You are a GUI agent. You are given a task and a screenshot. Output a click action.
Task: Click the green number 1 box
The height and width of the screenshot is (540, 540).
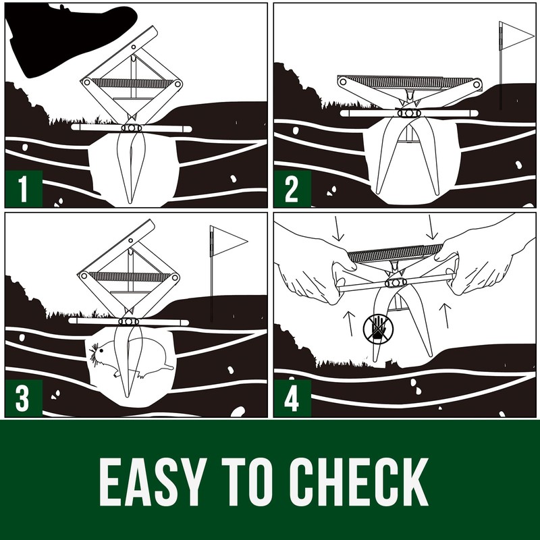tap(24, 189)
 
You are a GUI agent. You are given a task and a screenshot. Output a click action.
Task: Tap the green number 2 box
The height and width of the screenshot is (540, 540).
tap(292, 189)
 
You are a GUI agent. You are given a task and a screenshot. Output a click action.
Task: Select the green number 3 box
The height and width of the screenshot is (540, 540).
tap(24, 398)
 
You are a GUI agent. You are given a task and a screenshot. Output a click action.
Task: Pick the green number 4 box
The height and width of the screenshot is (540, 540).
tap(292, 398)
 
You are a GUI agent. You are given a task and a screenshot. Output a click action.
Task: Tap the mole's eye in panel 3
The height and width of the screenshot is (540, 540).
tap(102, 350)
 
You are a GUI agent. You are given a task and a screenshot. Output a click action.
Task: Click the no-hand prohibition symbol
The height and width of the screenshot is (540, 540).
tap(378, 329)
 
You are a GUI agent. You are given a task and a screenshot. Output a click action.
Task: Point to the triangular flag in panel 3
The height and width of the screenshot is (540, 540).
tap(228, 241)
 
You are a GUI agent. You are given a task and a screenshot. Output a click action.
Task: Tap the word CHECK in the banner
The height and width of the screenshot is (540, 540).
tap(358, 482)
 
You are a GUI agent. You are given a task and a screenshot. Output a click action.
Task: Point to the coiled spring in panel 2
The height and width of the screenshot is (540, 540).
tap(410, 81)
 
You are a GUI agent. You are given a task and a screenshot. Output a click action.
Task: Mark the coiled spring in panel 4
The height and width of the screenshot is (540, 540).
tap(395, 253)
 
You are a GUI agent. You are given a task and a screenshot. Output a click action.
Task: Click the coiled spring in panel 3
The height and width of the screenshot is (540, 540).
tap(130, 277)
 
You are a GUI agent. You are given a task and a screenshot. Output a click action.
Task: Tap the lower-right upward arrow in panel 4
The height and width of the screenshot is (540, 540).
tap(446, 315)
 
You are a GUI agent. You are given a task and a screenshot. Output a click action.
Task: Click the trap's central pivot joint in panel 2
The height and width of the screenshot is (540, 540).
tap(409, 113)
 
